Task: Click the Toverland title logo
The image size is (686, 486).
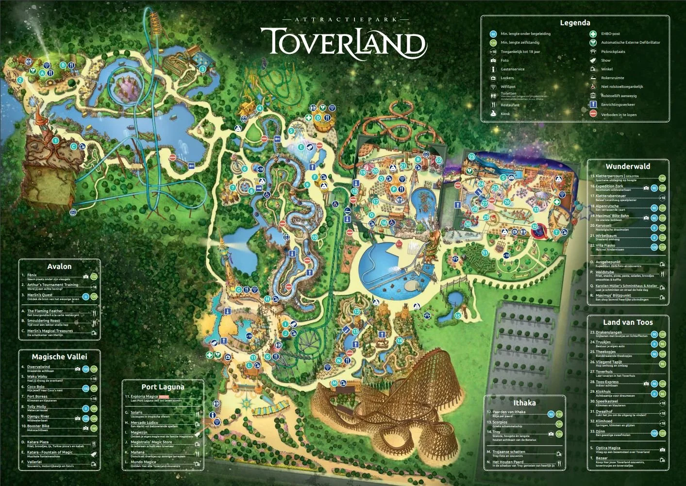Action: click(343, 43)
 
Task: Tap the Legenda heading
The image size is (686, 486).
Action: click(575, 23)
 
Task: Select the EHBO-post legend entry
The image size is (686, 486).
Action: click(610, 34)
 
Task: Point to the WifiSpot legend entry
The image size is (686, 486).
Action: click(508, 87)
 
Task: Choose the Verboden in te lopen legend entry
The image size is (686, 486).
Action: click(619, 115)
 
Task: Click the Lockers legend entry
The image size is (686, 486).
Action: click(507, 78)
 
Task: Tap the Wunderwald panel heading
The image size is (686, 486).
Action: click(627, 167)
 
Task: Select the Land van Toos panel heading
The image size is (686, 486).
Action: click(628, 322)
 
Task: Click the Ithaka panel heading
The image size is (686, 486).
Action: click(524, 403)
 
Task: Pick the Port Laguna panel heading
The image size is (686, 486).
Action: click(163, 387)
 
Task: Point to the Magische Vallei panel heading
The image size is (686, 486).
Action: click(59, 357)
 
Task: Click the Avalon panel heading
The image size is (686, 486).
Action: click(59, 267)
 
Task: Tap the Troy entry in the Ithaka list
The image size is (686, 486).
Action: click(496, 432)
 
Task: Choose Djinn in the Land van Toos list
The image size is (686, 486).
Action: click(601, 432)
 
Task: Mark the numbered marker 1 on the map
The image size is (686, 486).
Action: click(55, 141)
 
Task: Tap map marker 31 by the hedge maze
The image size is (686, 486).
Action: click(485, 253)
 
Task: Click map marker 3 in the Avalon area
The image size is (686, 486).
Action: click(202, 69)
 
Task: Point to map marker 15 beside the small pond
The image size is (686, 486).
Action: click(457, 316)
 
